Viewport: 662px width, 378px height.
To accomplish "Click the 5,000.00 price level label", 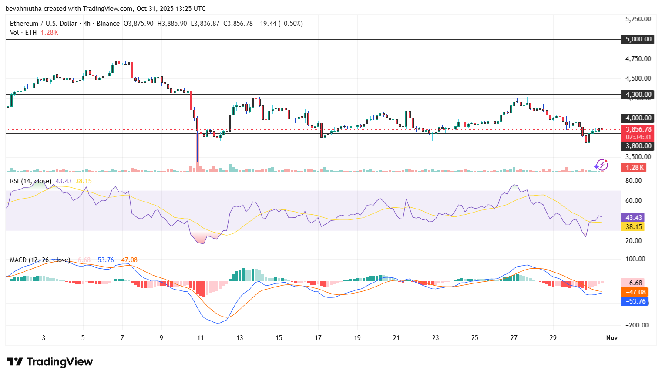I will point(638,39).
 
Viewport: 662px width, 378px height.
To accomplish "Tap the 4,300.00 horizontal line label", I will point(638,94).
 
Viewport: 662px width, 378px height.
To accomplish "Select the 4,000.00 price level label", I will point(638,118).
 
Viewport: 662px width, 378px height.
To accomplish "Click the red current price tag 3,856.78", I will point(638,129).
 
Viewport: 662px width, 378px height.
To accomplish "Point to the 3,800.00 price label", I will point(638,146).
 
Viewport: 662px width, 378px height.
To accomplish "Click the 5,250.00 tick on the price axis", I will point(638,19).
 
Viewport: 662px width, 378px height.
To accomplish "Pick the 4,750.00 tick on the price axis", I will point(638,59).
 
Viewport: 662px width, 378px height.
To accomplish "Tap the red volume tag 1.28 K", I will point(635,168).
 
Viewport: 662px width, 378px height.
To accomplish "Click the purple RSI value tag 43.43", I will point(634,218).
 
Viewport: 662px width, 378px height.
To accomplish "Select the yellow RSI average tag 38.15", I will point(634,227).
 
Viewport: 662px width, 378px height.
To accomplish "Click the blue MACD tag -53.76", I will point(635,301).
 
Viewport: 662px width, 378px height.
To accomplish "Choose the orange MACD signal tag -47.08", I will point(635,292).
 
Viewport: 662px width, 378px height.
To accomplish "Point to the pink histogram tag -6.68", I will point(635,283).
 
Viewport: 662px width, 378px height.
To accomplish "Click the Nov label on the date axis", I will point(612,338).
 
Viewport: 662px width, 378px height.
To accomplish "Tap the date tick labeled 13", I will point(240,338).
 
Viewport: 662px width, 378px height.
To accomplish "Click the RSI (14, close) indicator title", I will point(30,181).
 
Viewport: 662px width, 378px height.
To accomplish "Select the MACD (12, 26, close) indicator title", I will point(40,260).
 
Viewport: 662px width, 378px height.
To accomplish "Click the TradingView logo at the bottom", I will point(50,362).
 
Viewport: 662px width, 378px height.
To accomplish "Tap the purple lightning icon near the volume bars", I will point(601,165).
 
